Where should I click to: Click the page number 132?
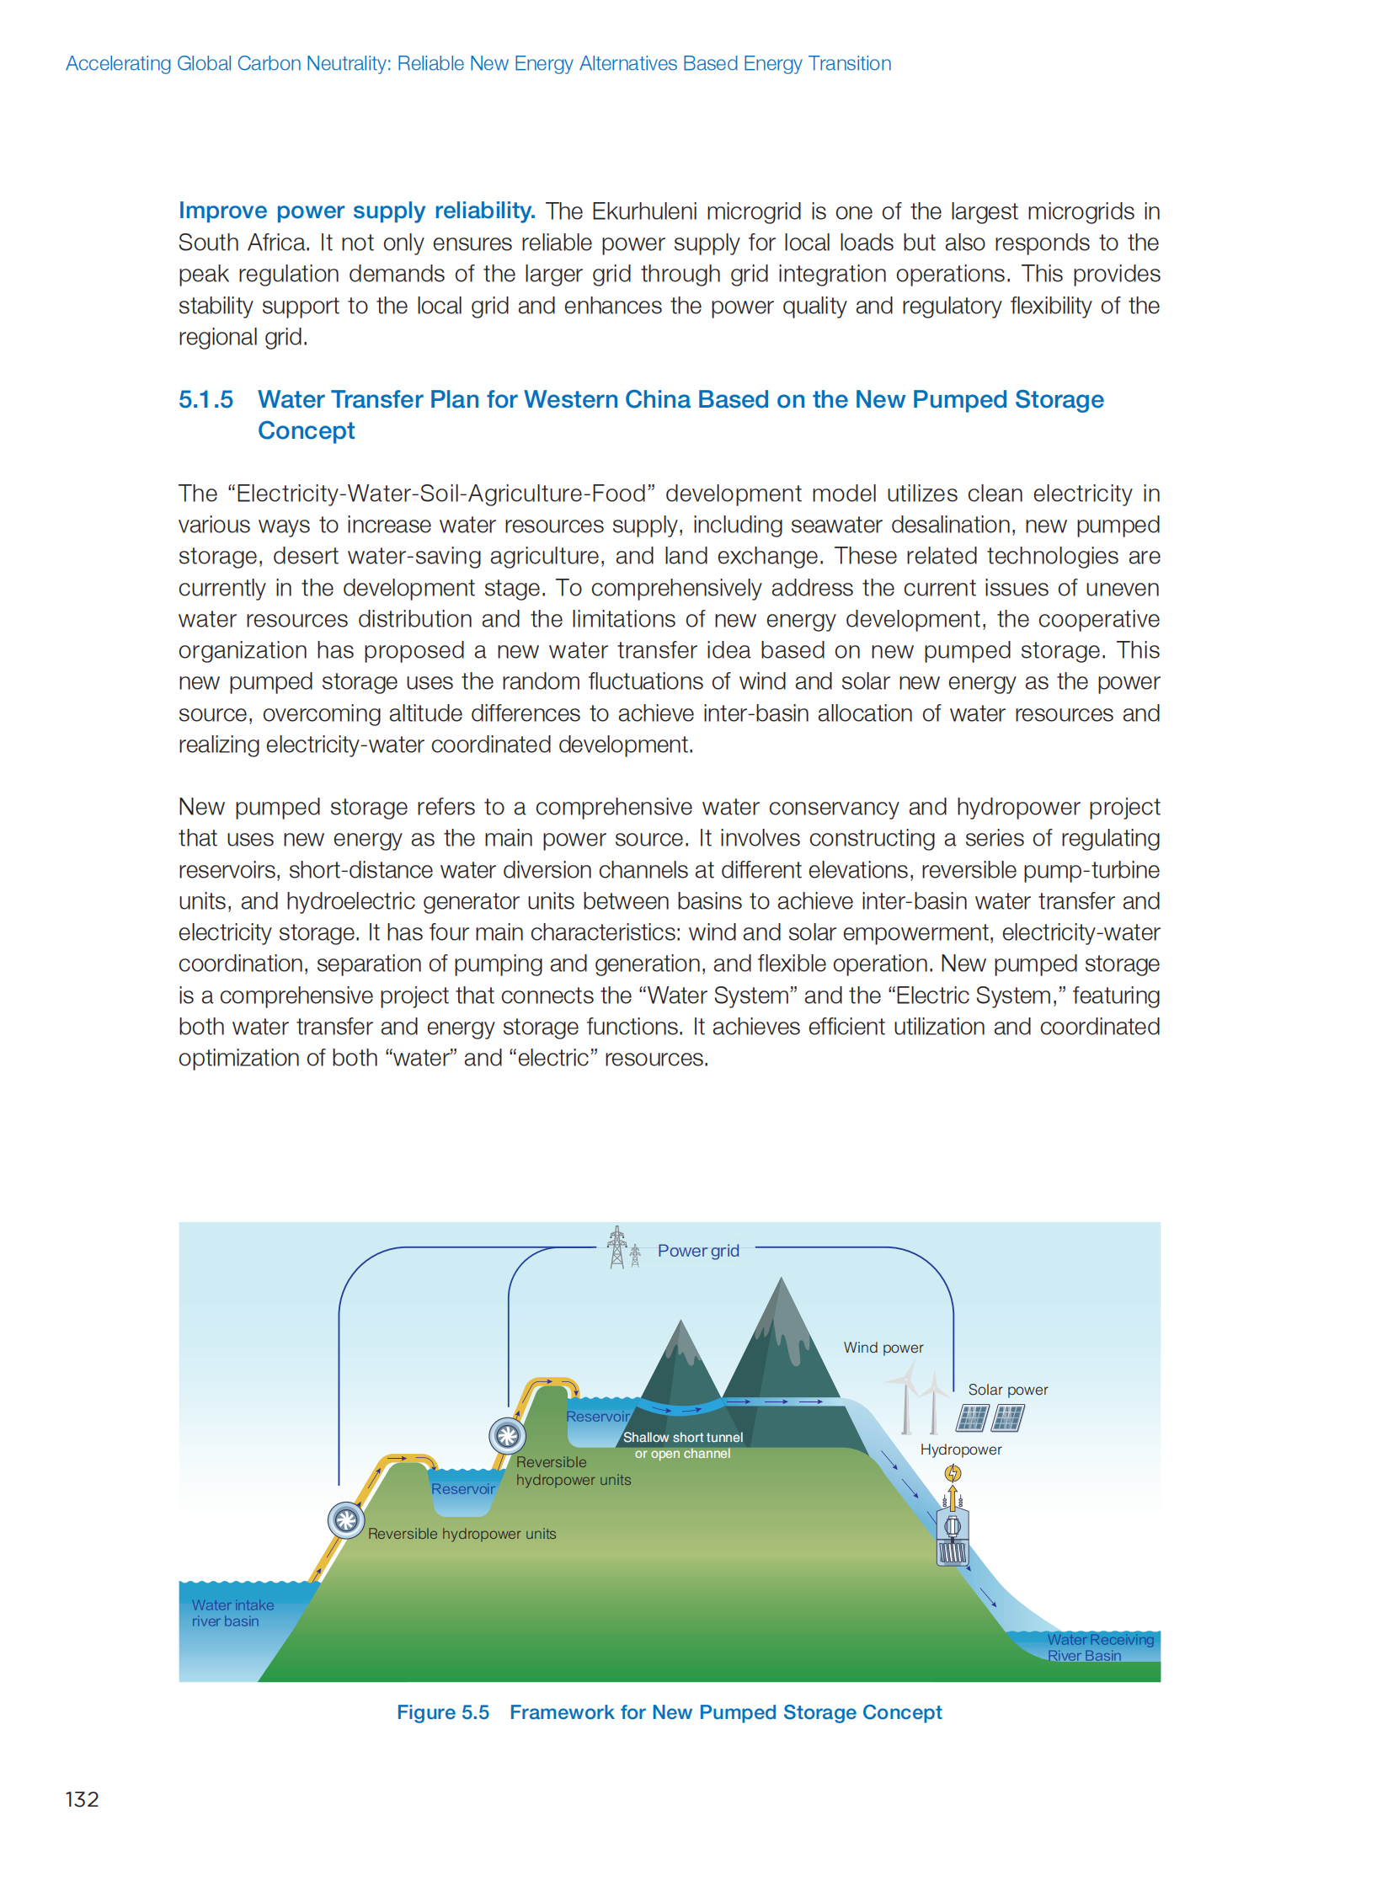point(82,1799)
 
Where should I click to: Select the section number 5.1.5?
point(205,399)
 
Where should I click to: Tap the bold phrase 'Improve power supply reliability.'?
point(356,211)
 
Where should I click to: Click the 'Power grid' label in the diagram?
point(697,1251)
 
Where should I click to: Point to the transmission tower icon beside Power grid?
point(618,1247)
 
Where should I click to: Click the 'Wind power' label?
point(883,1348)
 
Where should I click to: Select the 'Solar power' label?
point(1006,1390)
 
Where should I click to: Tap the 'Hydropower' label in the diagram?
point(960,1450)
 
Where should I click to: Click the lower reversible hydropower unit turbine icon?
point(345,1520)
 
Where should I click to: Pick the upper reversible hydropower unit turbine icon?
point(507,1434)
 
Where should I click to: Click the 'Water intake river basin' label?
point(232,1613)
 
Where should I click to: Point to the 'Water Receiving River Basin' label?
point(1100,1647)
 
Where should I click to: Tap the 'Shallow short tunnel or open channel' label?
point(683,1444)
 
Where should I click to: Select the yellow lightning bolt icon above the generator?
point(952,1473)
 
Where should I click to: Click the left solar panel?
point(971,1418)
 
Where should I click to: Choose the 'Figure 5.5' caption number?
point(443,1712)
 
